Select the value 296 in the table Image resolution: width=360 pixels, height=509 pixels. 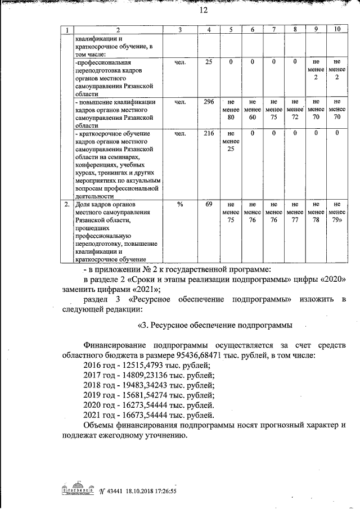point(208,102)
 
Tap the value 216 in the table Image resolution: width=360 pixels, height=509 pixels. point(208,133)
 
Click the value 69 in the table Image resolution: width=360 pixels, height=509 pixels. point(208,204)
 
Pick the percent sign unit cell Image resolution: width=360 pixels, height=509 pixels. point(180,204)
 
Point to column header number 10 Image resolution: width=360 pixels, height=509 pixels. point(336,29)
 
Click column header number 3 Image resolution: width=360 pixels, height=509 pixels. point(180,29)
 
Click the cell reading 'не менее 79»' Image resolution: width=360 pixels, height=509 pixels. point(336,212)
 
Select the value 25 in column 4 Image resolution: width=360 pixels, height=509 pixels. point(208,62)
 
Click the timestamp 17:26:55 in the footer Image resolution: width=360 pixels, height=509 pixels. point(161,490)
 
